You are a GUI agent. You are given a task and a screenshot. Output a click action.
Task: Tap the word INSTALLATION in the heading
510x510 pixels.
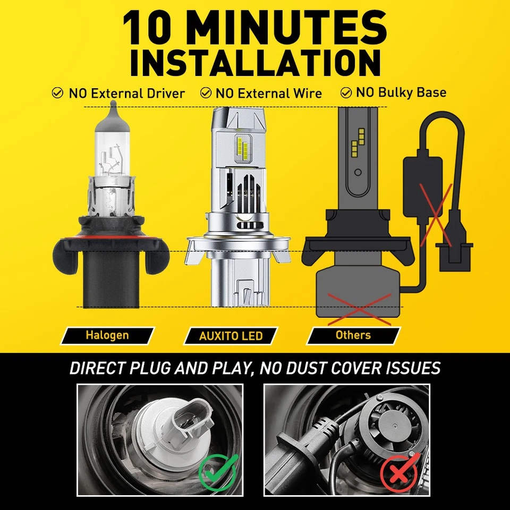click(255, 63)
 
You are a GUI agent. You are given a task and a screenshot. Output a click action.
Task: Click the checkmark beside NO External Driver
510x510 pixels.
click(57, 93)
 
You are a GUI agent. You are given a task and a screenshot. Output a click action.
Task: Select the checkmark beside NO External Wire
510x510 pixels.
click(206, 93)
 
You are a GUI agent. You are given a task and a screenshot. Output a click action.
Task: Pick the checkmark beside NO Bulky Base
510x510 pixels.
click(346, 92)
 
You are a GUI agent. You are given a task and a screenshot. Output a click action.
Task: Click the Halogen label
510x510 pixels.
click(107, 335)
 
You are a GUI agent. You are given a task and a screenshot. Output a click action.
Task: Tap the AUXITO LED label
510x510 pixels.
click(231, 336)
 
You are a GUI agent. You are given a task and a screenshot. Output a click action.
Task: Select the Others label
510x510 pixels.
click(353, 335)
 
